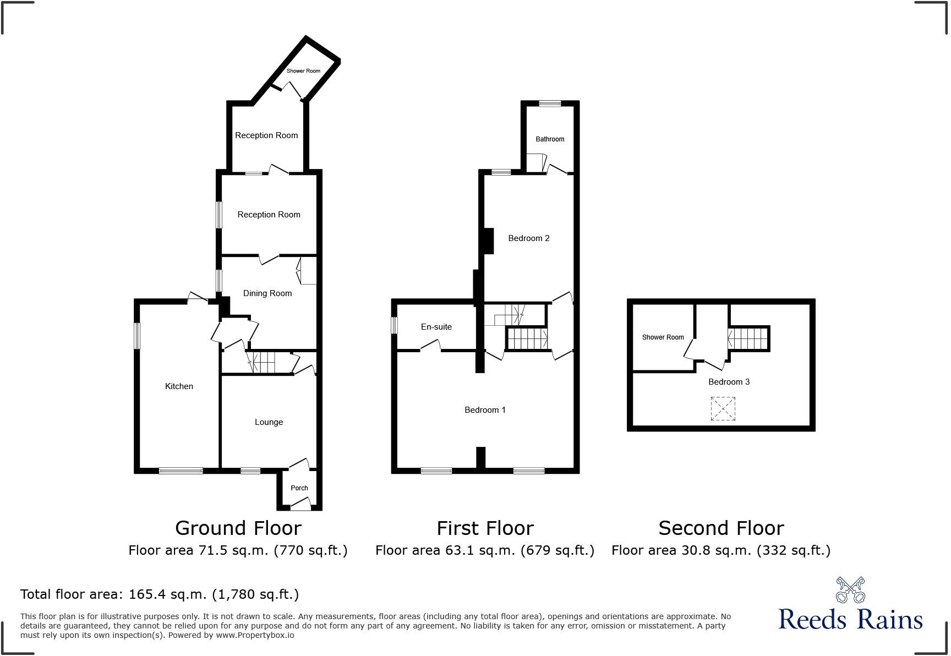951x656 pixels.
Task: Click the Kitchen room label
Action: tap(179, 386)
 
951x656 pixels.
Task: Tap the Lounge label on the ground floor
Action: tap(269, 422)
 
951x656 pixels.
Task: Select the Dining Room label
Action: tap(267, 293)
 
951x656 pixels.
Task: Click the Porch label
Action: tap(299, 488)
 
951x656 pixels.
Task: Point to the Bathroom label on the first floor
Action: tap(550, 139)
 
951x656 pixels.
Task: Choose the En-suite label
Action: tap(436, 327)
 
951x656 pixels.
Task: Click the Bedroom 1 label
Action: tap(485, 410)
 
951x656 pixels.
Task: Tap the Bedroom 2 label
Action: tap(528, 238)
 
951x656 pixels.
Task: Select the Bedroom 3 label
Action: tap(729, 382)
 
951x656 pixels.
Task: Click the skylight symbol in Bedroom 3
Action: tap(723, 409)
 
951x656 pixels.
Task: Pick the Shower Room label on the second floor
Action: tap(663, 337)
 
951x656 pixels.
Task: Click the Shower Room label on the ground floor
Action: tap(303, 71)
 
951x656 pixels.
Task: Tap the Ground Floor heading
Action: tap(238, 528)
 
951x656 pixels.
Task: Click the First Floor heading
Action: tap(485, 528)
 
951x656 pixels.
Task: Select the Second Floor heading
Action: tap(721, 528)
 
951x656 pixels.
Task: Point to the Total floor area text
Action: tap(160, 594)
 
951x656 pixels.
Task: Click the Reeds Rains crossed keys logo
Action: tap(850, 590)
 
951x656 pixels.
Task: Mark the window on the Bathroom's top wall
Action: tap(550, 103)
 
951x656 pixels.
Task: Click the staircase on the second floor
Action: tap(748, 338)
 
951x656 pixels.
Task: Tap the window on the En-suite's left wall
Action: tap(395, 325)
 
